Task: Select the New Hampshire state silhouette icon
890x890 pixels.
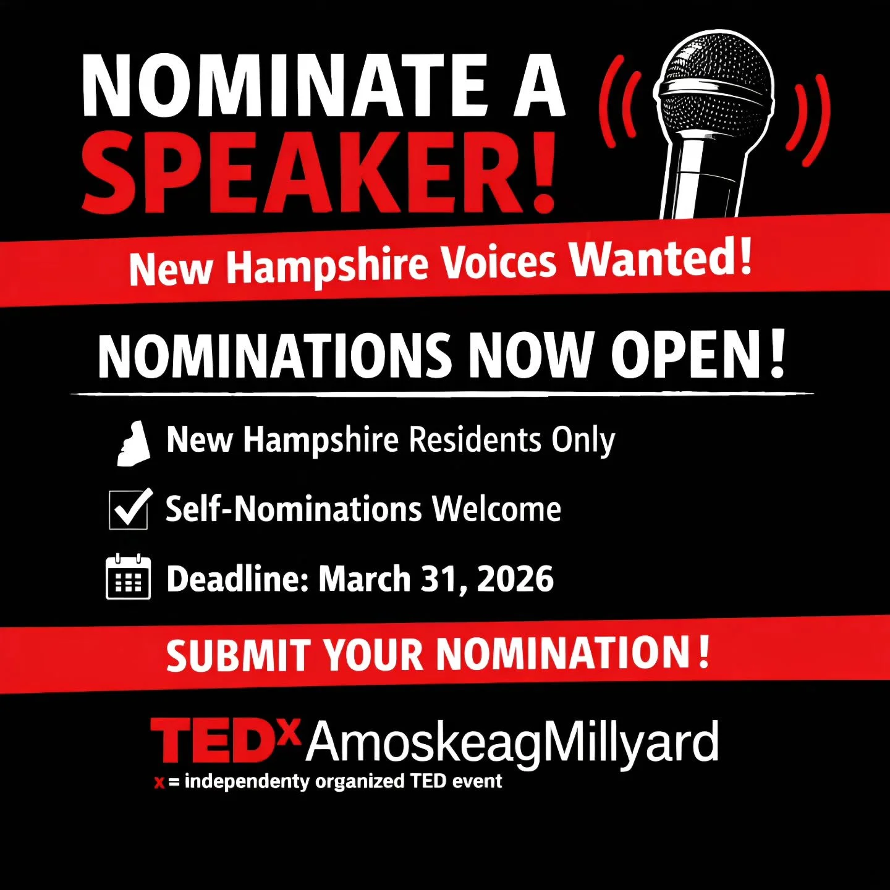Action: [133, 443]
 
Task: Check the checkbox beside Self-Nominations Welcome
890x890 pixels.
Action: [129, 510]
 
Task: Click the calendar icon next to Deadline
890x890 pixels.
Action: [129, 578]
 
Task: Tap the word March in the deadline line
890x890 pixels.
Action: [364, 579]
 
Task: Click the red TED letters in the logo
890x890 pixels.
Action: [213, 740]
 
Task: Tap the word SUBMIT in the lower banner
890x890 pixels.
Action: [238, 655]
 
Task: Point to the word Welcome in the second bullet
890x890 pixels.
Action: [496, 509]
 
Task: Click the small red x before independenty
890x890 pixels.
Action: [159, 783]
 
